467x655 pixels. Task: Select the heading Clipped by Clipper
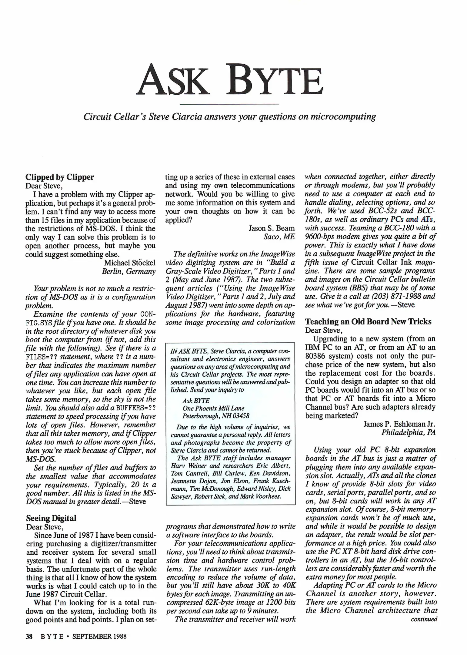(x=60, y=177)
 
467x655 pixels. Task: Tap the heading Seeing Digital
(x=51, y=518)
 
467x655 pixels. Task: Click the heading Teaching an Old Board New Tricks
(x=368, y=321)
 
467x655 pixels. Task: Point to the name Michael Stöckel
(x=130, y=263)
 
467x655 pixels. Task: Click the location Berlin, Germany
(x=128, y=271)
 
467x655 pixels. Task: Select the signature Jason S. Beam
(x=272, y=228)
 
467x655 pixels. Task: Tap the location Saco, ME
(x=279, y=237)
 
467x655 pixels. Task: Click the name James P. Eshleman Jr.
(x=399, y=424)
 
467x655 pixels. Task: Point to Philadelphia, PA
(x=408, y=432)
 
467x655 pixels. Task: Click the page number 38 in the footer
(x=29, y=637)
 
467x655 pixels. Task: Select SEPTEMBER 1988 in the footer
(x=99, y=637)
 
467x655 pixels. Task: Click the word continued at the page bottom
(x=424, y=619)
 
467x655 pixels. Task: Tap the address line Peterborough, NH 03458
(x=216, y=416)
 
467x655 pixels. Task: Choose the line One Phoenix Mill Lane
(x=213, y=408)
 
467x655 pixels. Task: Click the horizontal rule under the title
(x=229, y=104)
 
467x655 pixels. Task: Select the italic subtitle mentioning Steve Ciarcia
(x=229, y=117)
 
